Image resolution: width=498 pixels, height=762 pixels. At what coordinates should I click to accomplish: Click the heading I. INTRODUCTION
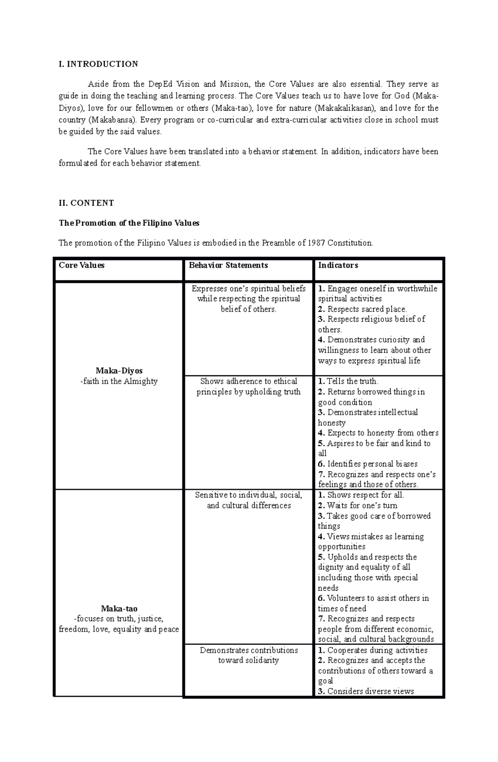[x=98, y=64]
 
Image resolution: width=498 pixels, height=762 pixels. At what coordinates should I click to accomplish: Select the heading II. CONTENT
[x=86, y=203]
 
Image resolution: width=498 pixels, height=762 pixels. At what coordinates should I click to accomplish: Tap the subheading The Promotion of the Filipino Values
[x=129, y=223]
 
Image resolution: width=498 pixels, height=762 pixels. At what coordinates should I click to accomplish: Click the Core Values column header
[x=82, y=265]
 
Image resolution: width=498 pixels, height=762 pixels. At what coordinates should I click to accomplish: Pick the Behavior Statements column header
[x=228, y=265]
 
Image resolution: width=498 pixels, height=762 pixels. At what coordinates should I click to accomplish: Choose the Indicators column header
[x=338, y=265]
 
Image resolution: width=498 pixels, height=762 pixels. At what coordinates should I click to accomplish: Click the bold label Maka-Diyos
[x=119, y=371]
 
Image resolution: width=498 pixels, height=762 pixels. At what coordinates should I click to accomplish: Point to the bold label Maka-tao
[x=119, y=609]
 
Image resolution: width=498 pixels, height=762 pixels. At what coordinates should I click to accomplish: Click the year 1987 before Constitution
[x=317, y=243]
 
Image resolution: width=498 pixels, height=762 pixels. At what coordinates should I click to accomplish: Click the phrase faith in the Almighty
[x=119, y=381]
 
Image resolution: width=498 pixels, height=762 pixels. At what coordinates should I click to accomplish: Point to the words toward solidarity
[x=248, y=660]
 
